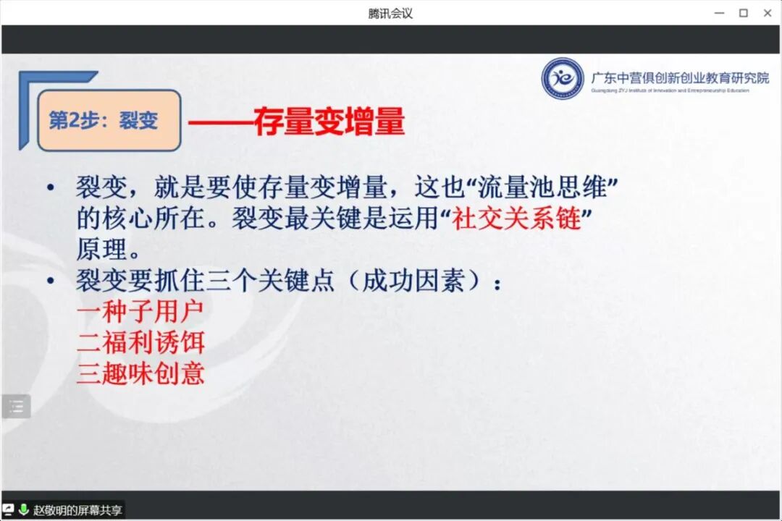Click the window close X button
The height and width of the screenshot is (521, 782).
768,13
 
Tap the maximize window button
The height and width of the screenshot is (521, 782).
743,13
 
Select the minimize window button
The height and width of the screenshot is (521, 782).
719,13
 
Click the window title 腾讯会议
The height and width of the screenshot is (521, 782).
390,13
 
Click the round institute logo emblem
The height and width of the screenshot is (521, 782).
563,78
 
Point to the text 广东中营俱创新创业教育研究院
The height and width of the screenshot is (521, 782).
680,78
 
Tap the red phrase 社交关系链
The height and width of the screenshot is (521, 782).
517,219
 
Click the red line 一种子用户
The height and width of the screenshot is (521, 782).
140,312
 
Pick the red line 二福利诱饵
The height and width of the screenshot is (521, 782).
140,342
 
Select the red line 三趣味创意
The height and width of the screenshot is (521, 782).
140,373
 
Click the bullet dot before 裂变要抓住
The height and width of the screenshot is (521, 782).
50,281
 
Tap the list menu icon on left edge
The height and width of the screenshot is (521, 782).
16,407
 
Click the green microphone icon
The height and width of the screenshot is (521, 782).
23,510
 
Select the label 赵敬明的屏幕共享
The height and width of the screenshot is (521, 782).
77,510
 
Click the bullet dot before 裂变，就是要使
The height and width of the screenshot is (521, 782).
50,189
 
